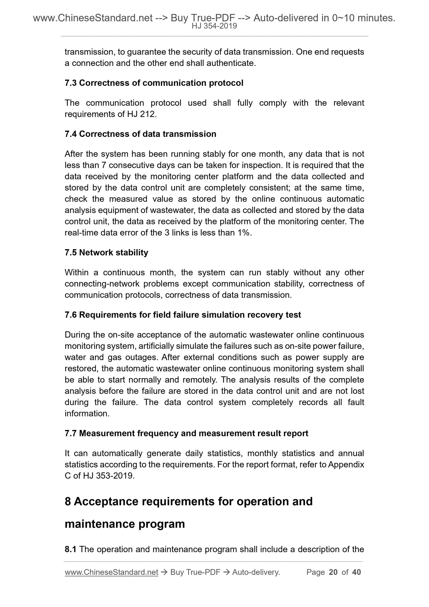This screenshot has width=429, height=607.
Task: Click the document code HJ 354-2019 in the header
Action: (x=214, y=26)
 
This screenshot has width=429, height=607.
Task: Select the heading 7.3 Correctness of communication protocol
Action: (x=154, y=83)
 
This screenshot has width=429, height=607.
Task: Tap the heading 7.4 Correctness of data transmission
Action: (x=140, y=134)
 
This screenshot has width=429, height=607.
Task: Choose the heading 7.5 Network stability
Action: (x=106, y=253)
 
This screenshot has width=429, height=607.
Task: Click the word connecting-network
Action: (x=102, y=284)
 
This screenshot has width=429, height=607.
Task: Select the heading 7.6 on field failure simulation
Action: (x=183, y=315)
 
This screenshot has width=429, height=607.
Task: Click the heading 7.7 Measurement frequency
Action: (x=186, y=434)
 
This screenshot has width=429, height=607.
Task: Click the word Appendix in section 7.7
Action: (x=346, y=465)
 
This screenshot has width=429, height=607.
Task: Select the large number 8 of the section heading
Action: (x=68, y=502)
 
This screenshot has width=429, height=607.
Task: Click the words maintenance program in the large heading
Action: (x=125, y=524)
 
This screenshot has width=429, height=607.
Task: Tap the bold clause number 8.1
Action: (x=71, y=549)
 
